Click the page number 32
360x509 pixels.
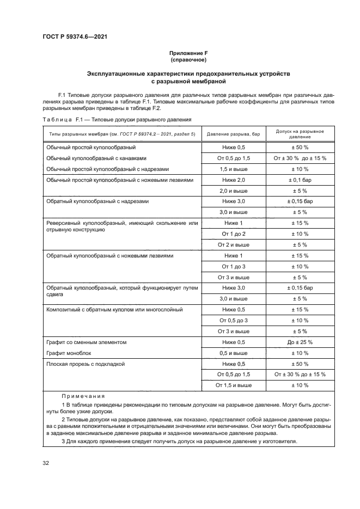tap(46, 463)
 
